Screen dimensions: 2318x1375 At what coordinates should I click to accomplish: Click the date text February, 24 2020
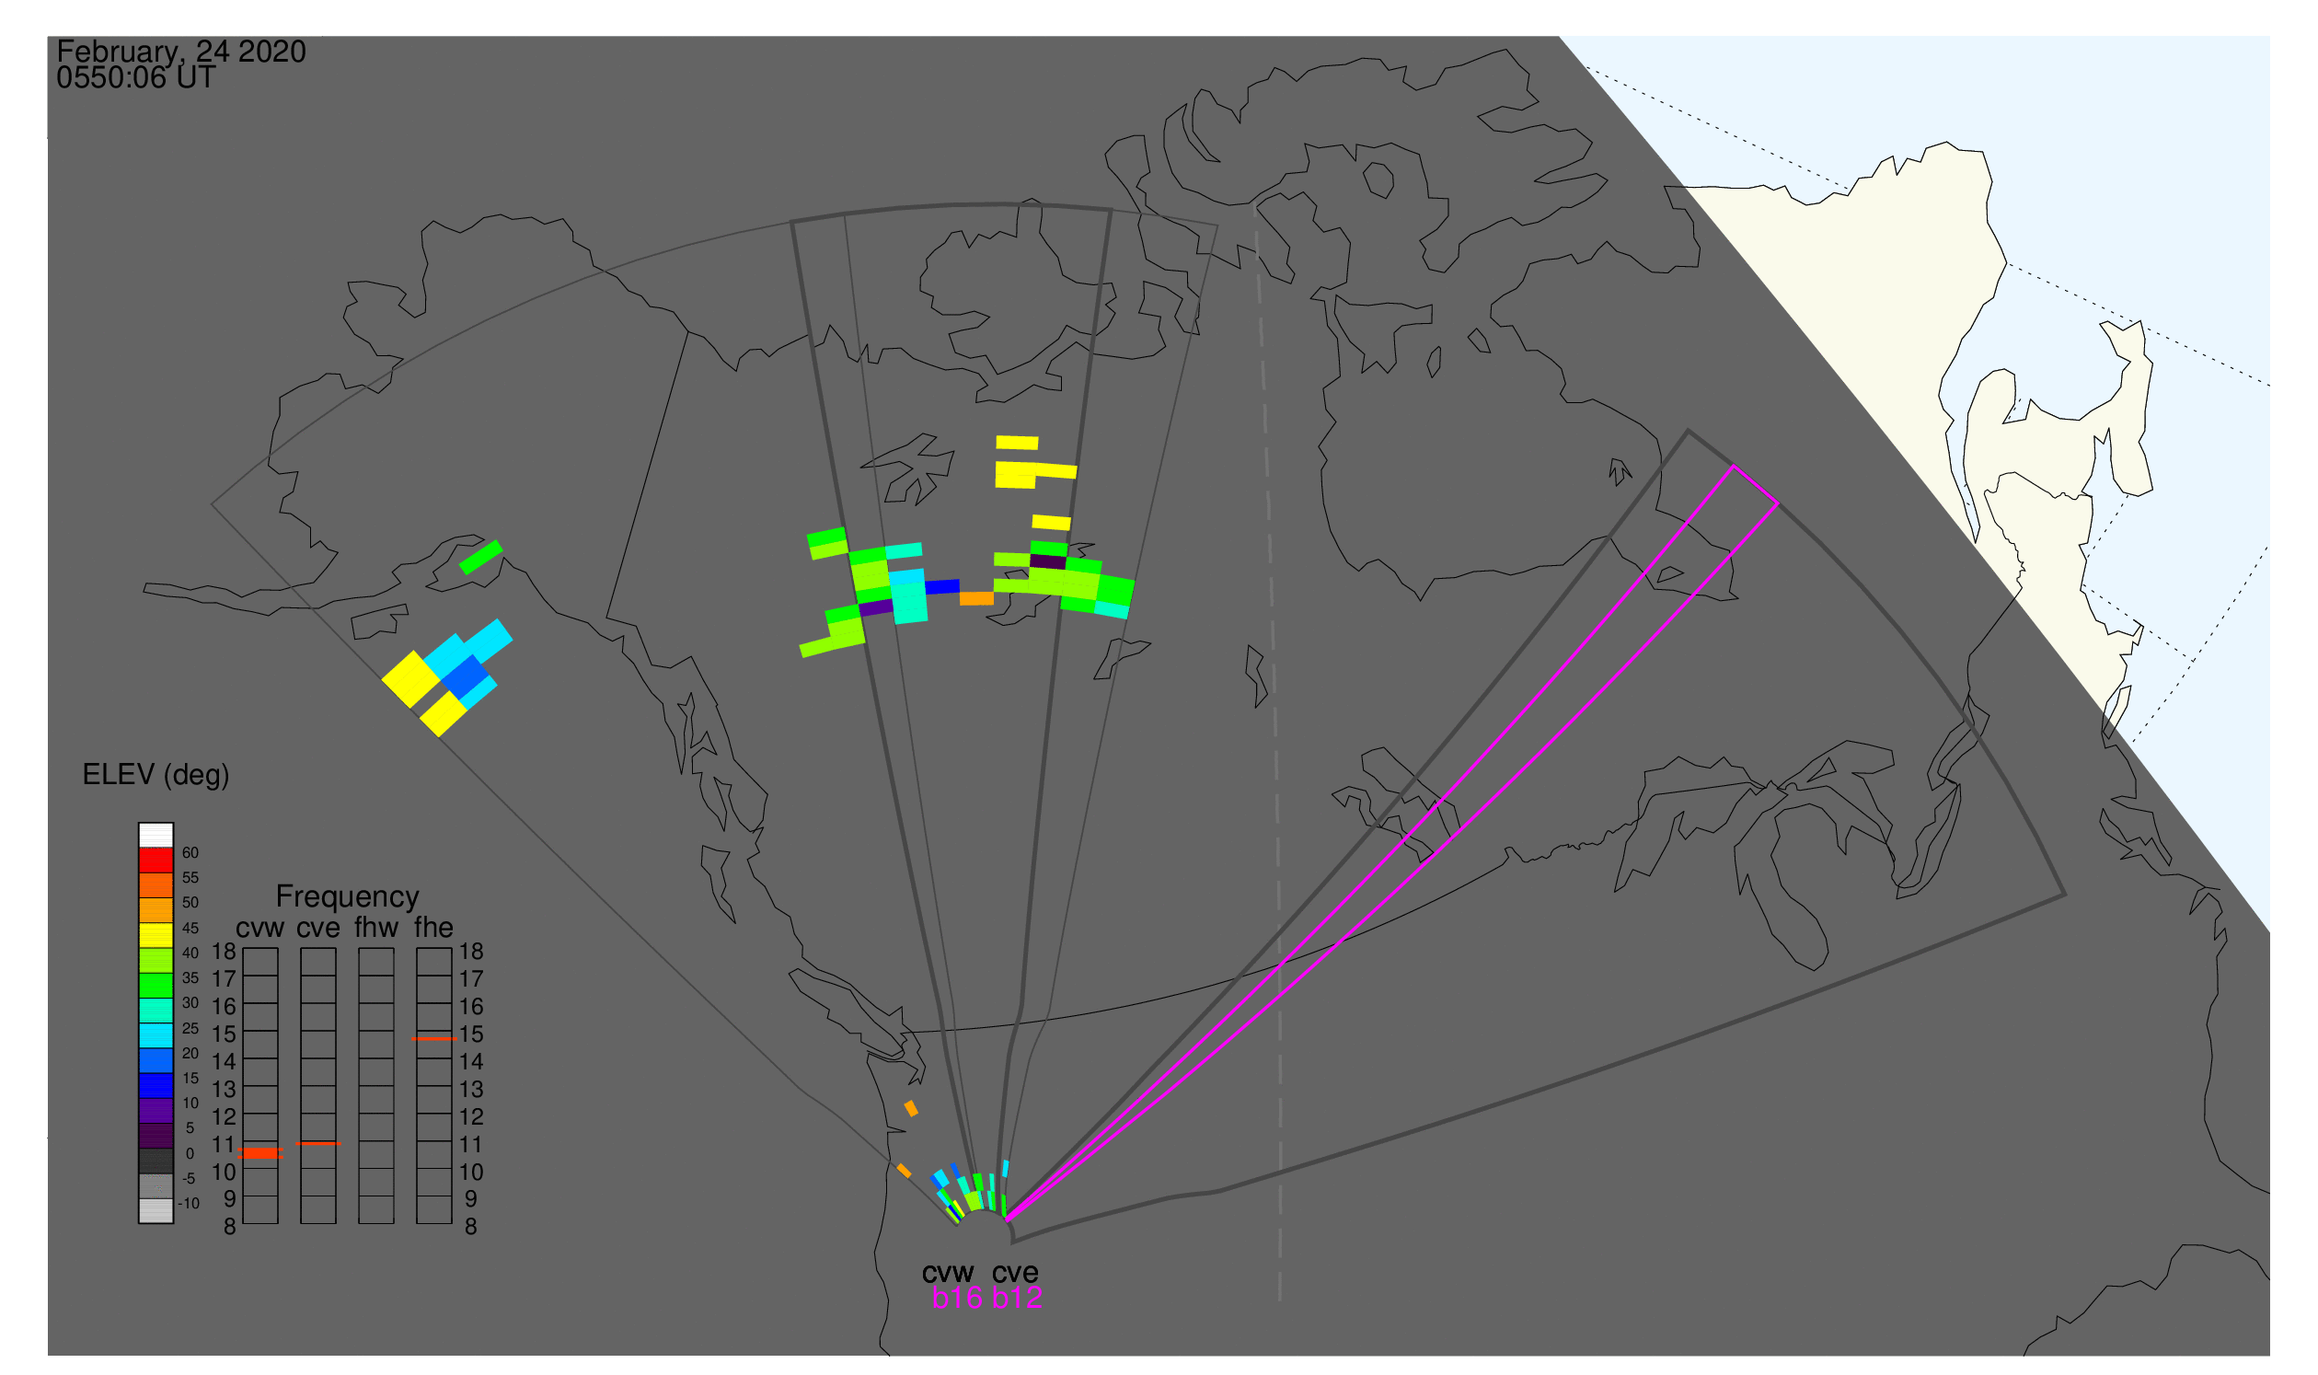181,52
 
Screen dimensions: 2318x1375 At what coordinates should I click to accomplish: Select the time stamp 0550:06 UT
136,78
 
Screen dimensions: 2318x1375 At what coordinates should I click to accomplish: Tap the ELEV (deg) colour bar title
156,776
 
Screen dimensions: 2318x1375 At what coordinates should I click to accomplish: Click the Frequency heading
348,897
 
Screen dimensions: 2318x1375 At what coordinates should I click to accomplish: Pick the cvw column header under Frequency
259,929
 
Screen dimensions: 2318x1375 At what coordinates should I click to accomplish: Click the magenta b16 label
957,1299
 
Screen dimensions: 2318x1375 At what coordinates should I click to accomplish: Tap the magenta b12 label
1017,1299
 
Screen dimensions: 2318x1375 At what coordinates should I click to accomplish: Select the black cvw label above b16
948,1274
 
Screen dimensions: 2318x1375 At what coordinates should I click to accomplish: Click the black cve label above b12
1015,1274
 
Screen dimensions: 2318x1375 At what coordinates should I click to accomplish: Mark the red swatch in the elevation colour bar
156,861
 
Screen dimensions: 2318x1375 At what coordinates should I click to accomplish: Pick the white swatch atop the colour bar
156,836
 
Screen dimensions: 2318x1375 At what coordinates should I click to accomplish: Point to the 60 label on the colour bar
190,853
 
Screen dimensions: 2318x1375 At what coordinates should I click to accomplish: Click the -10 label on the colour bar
188,1205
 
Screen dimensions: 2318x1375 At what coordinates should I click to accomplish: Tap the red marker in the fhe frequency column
433,1040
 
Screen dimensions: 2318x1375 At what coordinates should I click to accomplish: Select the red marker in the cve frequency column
317,1144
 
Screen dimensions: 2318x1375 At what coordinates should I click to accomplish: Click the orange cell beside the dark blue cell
976,599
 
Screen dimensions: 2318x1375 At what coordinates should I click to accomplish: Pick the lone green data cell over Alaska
481,558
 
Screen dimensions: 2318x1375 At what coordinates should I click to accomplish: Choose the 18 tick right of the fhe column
470,952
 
